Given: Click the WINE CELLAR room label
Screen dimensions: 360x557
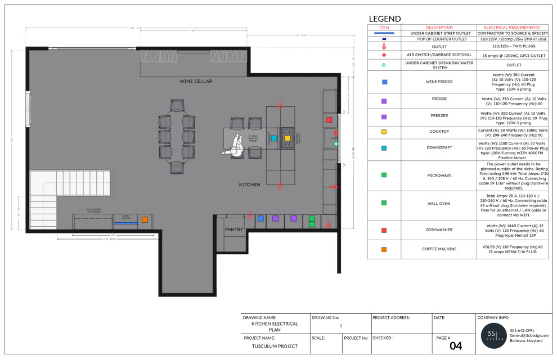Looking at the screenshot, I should point(196,82).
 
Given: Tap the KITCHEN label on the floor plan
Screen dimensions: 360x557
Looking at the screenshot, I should point(249,184).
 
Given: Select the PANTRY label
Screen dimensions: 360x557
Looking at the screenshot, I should point(233,229).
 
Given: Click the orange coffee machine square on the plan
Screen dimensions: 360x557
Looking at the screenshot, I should point(144,219).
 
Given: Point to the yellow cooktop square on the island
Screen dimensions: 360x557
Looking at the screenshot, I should point(287,137).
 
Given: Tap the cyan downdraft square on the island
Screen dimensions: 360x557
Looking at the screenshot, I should point(273,137).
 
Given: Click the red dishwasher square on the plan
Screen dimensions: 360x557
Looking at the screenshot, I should point(329,120).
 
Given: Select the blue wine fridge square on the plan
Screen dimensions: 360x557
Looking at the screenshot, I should point(260,218).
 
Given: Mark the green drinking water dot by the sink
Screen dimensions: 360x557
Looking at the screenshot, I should point(336,144).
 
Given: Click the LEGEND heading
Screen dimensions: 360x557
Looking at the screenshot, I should point(385,19).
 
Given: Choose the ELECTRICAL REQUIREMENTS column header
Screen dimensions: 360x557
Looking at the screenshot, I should point(512,27).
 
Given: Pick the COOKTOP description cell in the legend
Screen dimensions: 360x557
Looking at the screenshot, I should point(439,132).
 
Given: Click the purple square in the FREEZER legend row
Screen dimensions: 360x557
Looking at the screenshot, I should point(384,117).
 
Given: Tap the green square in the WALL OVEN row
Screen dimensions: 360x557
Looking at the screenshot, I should point(384,203).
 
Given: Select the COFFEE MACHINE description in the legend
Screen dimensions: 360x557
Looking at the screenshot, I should point(439,249).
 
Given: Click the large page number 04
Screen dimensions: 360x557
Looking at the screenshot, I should point(456,346).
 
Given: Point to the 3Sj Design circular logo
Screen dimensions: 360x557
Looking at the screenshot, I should point(492,335).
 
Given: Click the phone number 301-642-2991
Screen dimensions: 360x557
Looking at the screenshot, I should point(522,330).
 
